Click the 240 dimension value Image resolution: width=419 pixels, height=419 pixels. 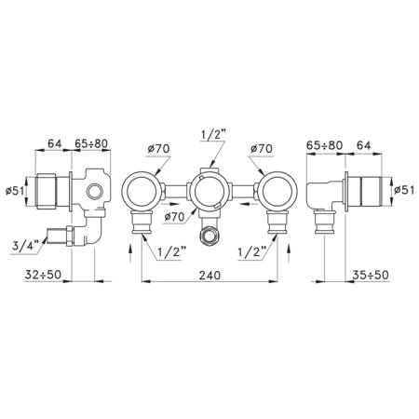click(x=209, y=275)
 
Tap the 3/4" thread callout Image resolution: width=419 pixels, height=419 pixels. click(x=24, y=247)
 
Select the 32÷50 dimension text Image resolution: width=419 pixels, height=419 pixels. click(x=43, y=275)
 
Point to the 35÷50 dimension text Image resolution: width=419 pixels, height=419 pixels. click(x=371, y=275)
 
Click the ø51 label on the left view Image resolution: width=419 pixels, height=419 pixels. click(x=15, y=190)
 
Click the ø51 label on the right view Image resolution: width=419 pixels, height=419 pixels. click(x=404, y=190)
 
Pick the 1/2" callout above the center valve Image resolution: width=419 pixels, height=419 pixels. click(x=213, y=136)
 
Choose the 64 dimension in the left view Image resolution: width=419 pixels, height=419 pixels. click(x=55, y=143)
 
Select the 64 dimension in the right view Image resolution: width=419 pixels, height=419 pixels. click(x=363, y=145)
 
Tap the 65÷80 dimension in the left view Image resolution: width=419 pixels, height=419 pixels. click(x=91, y=143)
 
